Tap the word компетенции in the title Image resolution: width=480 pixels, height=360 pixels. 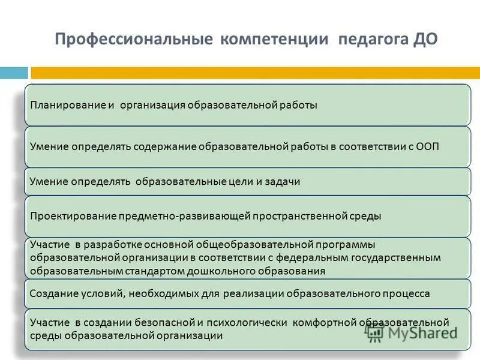point(274,40)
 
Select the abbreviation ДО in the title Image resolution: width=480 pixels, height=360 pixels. point(424,40)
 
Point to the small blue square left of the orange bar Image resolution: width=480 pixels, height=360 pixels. point(14,73)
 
